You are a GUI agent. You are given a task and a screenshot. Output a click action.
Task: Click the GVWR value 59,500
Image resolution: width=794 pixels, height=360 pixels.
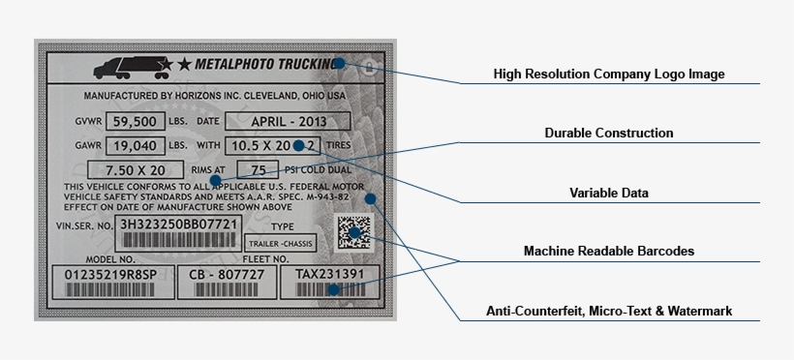coord(133,122)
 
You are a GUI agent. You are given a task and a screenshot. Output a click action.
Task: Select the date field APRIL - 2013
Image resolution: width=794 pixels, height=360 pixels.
coord(288,122)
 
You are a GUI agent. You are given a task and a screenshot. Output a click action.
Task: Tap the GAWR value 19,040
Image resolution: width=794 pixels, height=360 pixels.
coord(133,146)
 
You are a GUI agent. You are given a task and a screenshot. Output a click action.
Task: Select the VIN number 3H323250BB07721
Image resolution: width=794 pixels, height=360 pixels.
coord(177,225)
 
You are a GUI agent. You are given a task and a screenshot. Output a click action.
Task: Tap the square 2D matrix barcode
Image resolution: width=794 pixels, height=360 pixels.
coord(353,233)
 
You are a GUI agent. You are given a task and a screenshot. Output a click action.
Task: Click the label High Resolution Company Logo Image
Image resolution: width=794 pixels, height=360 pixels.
coord(608,74)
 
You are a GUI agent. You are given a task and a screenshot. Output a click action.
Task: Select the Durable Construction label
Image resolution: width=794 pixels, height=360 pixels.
coord(608,133)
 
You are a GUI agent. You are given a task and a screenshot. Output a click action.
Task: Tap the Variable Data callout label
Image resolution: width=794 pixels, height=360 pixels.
coord(608,193)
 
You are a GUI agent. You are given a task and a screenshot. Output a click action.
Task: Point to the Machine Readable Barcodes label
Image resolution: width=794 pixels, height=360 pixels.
coord(608,252)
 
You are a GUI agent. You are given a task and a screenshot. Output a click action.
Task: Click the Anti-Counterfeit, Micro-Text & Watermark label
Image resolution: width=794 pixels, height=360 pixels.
coord(608,311)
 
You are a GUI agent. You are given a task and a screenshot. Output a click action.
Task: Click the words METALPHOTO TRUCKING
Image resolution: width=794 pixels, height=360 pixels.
coord(267,65)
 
